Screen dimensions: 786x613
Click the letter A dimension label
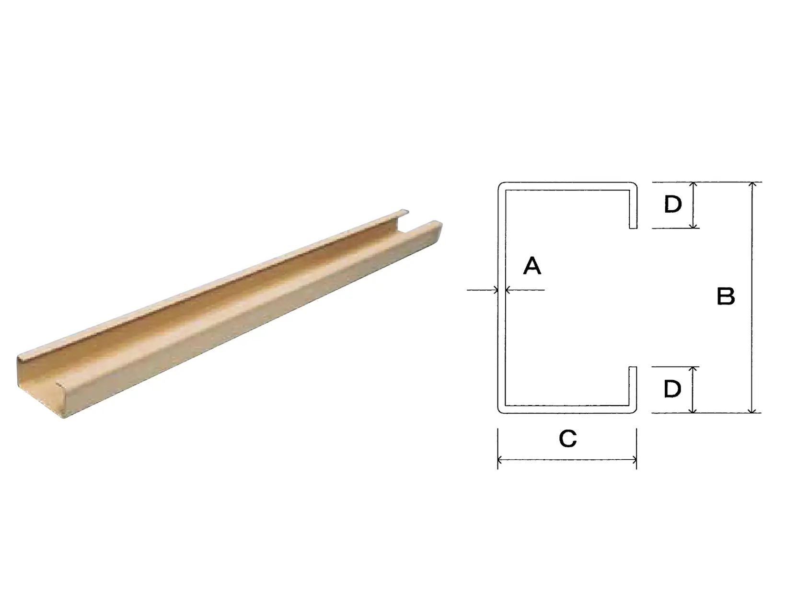(532, 266)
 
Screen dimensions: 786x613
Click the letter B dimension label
(726, 296)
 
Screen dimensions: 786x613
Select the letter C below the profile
(567, 438)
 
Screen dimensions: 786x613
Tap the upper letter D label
(673, 204)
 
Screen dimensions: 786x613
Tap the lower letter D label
(672, 389)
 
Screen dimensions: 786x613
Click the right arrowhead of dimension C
(635, 460)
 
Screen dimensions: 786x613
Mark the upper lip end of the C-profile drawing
(633, 228)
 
